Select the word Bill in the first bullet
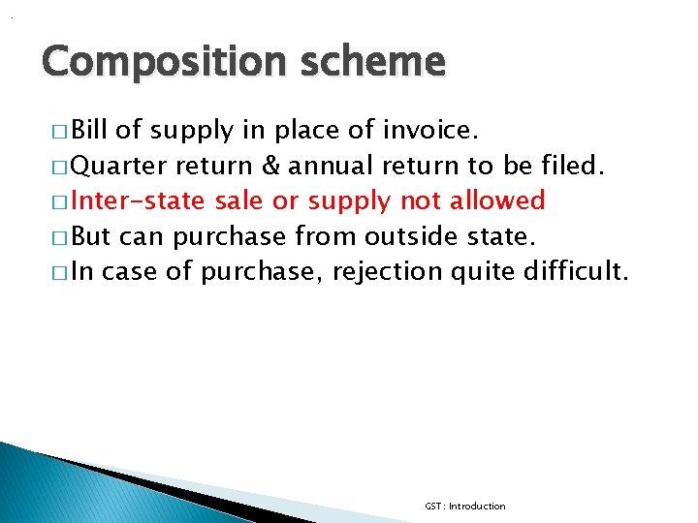pos(92,131)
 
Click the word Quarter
pos(119,166)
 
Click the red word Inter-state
pos(140,200)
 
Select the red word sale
pos(242,200)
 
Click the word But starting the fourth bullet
pos(92,235)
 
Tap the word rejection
pos(388,271)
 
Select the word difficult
pos(576,270)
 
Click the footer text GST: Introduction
pos(464,507)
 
